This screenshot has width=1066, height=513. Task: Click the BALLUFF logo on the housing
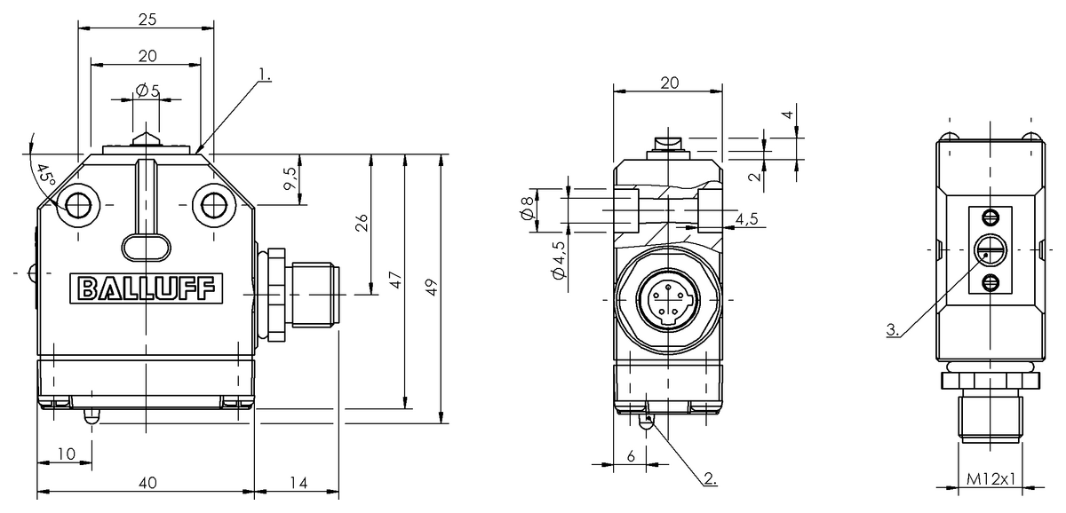146,288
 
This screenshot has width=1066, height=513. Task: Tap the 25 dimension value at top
147,20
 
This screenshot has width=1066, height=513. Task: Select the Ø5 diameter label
148,91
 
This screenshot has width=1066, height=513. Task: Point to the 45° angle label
46,176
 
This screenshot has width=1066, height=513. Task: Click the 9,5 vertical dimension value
290,178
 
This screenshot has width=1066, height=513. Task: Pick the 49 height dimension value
431,288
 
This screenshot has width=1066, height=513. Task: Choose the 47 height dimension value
395,280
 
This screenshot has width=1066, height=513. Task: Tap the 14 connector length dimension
298,483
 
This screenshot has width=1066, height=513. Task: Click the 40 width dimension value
147,483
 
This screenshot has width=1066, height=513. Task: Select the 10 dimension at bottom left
67,454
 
